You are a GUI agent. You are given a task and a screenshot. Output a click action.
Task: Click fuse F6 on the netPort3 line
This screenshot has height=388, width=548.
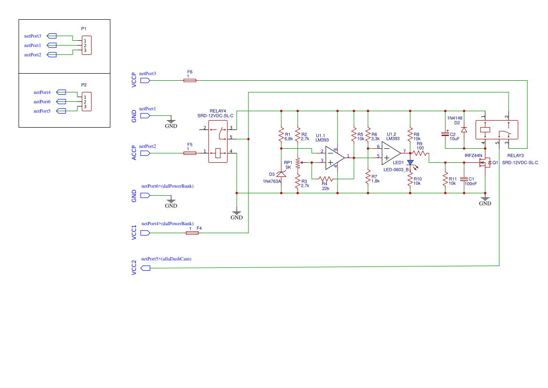coord(189,80)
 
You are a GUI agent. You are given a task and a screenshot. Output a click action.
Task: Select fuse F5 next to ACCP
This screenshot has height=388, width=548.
coord(189,153)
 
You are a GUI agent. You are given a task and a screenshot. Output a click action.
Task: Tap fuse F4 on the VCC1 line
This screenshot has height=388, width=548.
coord(192,233)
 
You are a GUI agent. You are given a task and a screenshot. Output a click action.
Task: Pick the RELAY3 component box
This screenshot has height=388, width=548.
coord(496,130)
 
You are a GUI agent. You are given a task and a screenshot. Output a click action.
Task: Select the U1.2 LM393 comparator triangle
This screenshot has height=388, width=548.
coord(390,152)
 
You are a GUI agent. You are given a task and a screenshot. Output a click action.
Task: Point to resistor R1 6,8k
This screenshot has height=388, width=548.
coord(281,134)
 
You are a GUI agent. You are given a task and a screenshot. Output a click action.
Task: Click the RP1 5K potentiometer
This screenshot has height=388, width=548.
coord(298,162)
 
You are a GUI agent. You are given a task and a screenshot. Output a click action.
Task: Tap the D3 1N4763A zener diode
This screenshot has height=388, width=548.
coord(281,175)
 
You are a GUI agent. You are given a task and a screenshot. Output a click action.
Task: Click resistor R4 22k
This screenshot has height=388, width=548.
coord(326,179)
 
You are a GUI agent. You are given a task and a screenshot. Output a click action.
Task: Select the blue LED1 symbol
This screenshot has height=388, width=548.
coord(410,162)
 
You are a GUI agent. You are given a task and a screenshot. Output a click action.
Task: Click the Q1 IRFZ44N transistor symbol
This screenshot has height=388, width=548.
coord(482,163)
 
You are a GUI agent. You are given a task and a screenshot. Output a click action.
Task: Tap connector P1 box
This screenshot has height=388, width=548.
coord(86,46)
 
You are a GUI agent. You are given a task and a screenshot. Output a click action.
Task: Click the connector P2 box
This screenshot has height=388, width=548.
coord(86,102)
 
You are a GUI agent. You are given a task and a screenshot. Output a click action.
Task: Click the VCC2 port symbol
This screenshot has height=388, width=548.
coord(145,268)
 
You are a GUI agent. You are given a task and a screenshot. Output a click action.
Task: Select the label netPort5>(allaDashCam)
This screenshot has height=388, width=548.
coord(166,259)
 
